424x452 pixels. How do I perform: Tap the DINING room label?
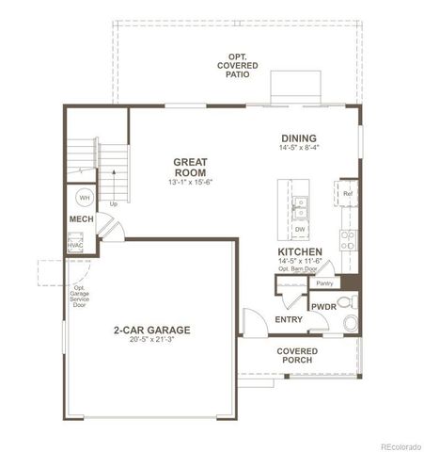297,137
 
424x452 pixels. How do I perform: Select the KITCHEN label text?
300,252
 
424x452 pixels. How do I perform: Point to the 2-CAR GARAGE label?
152,330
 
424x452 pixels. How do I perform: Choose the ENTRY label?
289,319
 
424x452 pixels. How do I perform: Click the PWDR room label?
322,306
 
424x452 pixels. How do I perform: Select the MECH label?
81,220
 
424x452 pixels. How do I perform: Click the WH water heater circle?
84,199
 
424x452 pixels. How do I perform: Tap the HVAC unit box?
75,244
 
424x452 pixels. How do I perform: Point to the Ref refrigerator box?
347,195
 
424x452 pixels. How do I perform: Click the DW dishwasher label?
300,229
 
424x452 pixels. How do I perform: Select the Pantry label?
324,282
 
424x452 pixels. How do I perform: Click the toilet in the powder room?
351,323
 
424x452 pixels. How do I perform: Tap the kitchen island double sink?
300,205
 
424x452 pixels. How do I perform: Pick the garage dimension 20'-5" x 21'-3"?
152,340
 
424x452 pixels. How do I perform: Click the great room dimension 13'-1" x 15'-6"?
190,181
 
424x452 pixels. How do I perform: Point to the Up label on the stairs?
114,202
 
